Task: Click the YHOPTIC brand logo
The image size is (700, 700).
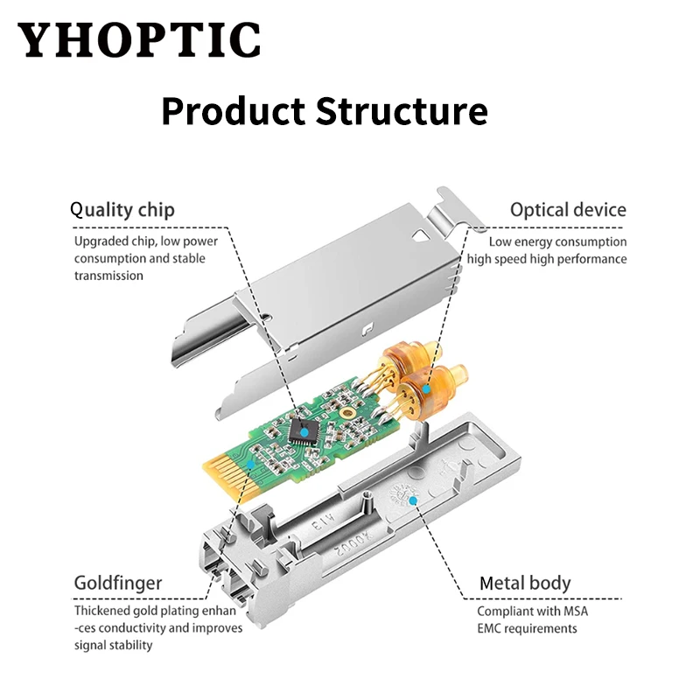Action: pyautogui.click(x=139, y=40)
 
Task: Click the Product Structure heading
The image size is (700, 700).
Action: pyautogui.click(x=325, y=112)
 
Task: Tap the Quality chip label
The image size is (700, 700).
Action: pyautogui.click(x=122, y=210)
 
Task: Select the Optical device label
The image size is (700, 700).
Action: pyautogui.click(x=569, y=210)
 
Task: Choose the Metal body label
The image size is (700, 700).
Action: pyautogui.click(x=525, y=583)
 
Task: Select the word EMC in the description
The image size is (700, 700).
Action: pyautogui.click(x=492, y=628)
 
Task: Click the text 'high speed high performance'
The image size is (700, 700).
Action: pyautogui.click(x=547, y=259)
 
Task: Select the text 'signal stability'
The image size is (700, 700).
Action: pyautogui.click(x=113, y=645)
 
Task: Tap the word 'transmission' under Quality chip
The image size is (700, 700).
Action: pyautogui.click(x=108, y=276)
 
